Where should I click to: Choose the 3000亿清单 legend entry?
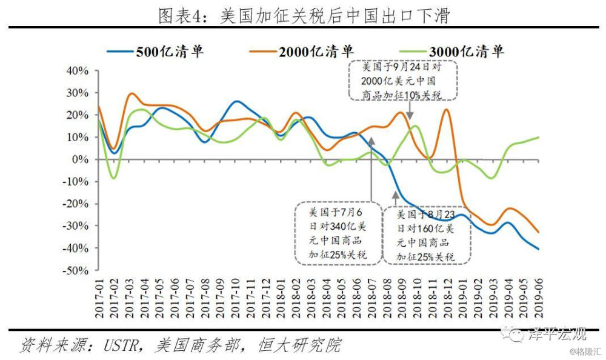point(466,52)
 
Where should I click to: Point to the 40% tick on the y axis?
point(77,70)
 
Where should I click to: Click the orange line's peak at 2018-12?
point(445,110)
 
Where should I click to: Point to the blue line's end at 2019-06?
point(538,248)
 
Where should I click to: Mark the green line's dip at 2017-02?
point(113,178)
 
